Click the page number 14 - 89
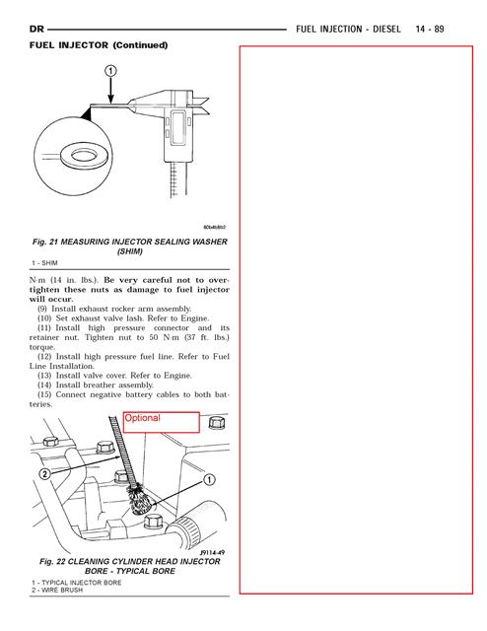tap(430, 29)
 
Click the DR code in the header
tap(36, 29)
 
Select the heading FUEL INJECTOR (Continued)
tap(99, 45)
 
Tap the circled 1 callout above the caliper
tap(110, 71)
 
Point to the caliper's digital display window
tap(177, 127)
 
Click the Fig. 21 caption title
tap(129, 246)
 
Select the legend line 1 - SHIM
tap(44, 263)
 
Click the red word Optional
tap(142, 418)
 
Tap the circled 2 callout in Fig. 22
tap(44, 473)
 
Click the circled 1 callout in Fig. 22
tap(209, 480)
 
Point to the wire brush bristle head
tap(138, 500)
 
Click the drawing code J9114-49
tap(212, 552)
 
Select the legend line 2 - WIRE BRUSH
tap(57, 590)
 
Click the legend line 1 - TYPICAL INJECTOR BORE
tap(77, 583)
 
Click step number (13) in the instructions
tap(44, 376)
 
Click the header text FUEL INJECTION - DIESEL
tap(348, 29)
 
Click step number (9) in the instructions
tap(42, 309)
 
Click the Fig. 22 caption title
tap(129, 566)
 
